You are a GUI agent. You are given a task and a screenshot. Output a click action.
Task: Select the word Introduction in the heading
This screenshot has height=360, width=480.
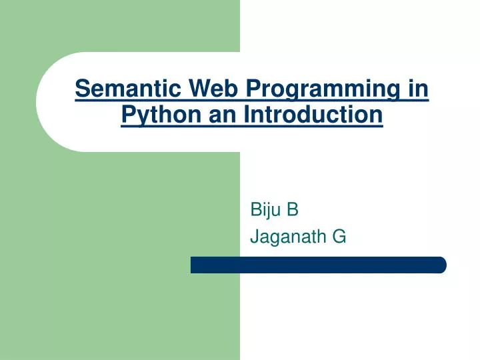coord(313,115)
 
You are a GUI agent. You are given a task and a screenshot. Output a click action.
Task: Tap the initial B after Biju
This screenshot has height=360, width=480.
coord(293,210)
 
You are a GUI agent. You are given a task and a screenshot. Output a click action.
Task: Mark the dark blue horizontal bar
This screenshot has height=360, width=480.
coord(318,265)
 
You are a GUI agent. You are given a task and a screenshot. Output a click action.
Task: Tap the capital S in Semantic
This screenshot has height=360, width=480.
coord(81,89)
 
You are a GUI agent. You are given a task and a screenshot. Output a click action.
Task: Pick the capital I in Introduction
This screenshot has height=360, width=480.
coord(246,115)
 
